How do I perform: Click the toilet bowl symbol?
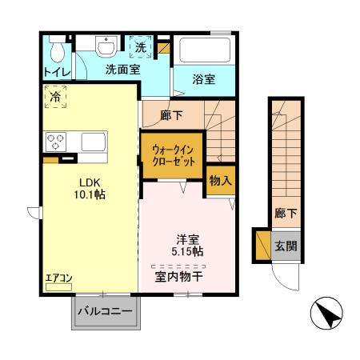pyautogui.click(x=56, y=51)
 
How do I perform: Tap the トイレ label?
pyautogui.click(x=56, y=72)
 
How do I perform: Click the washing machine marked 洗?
pyautogui.click(x=140, y=48)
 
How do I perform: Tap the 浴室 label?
pyautogui.click(x=204, y=79)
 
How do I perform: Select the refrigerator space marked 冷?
pyautogui.click(x=55, y=97)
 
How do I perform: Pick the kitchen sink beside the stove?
pyautogui.click(x=91, y=142)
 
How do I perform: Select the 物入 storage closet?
pyautogui.click(x=220, y=181)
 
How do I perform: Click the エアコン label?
pyautogui.click(x=59, y=278)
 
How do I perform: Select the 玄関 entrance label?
pyautogui.click(x=286, y=245)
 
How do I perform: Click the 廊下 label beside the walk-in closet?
pyautogui.click(x=171, y=116)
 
